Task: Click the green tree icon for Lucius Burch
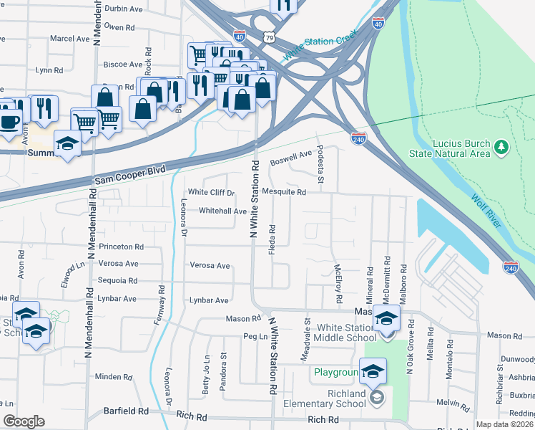click(502, 147)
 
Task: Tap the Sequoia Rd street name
click(118, 281)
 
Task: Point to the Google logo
click(24, 421)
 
